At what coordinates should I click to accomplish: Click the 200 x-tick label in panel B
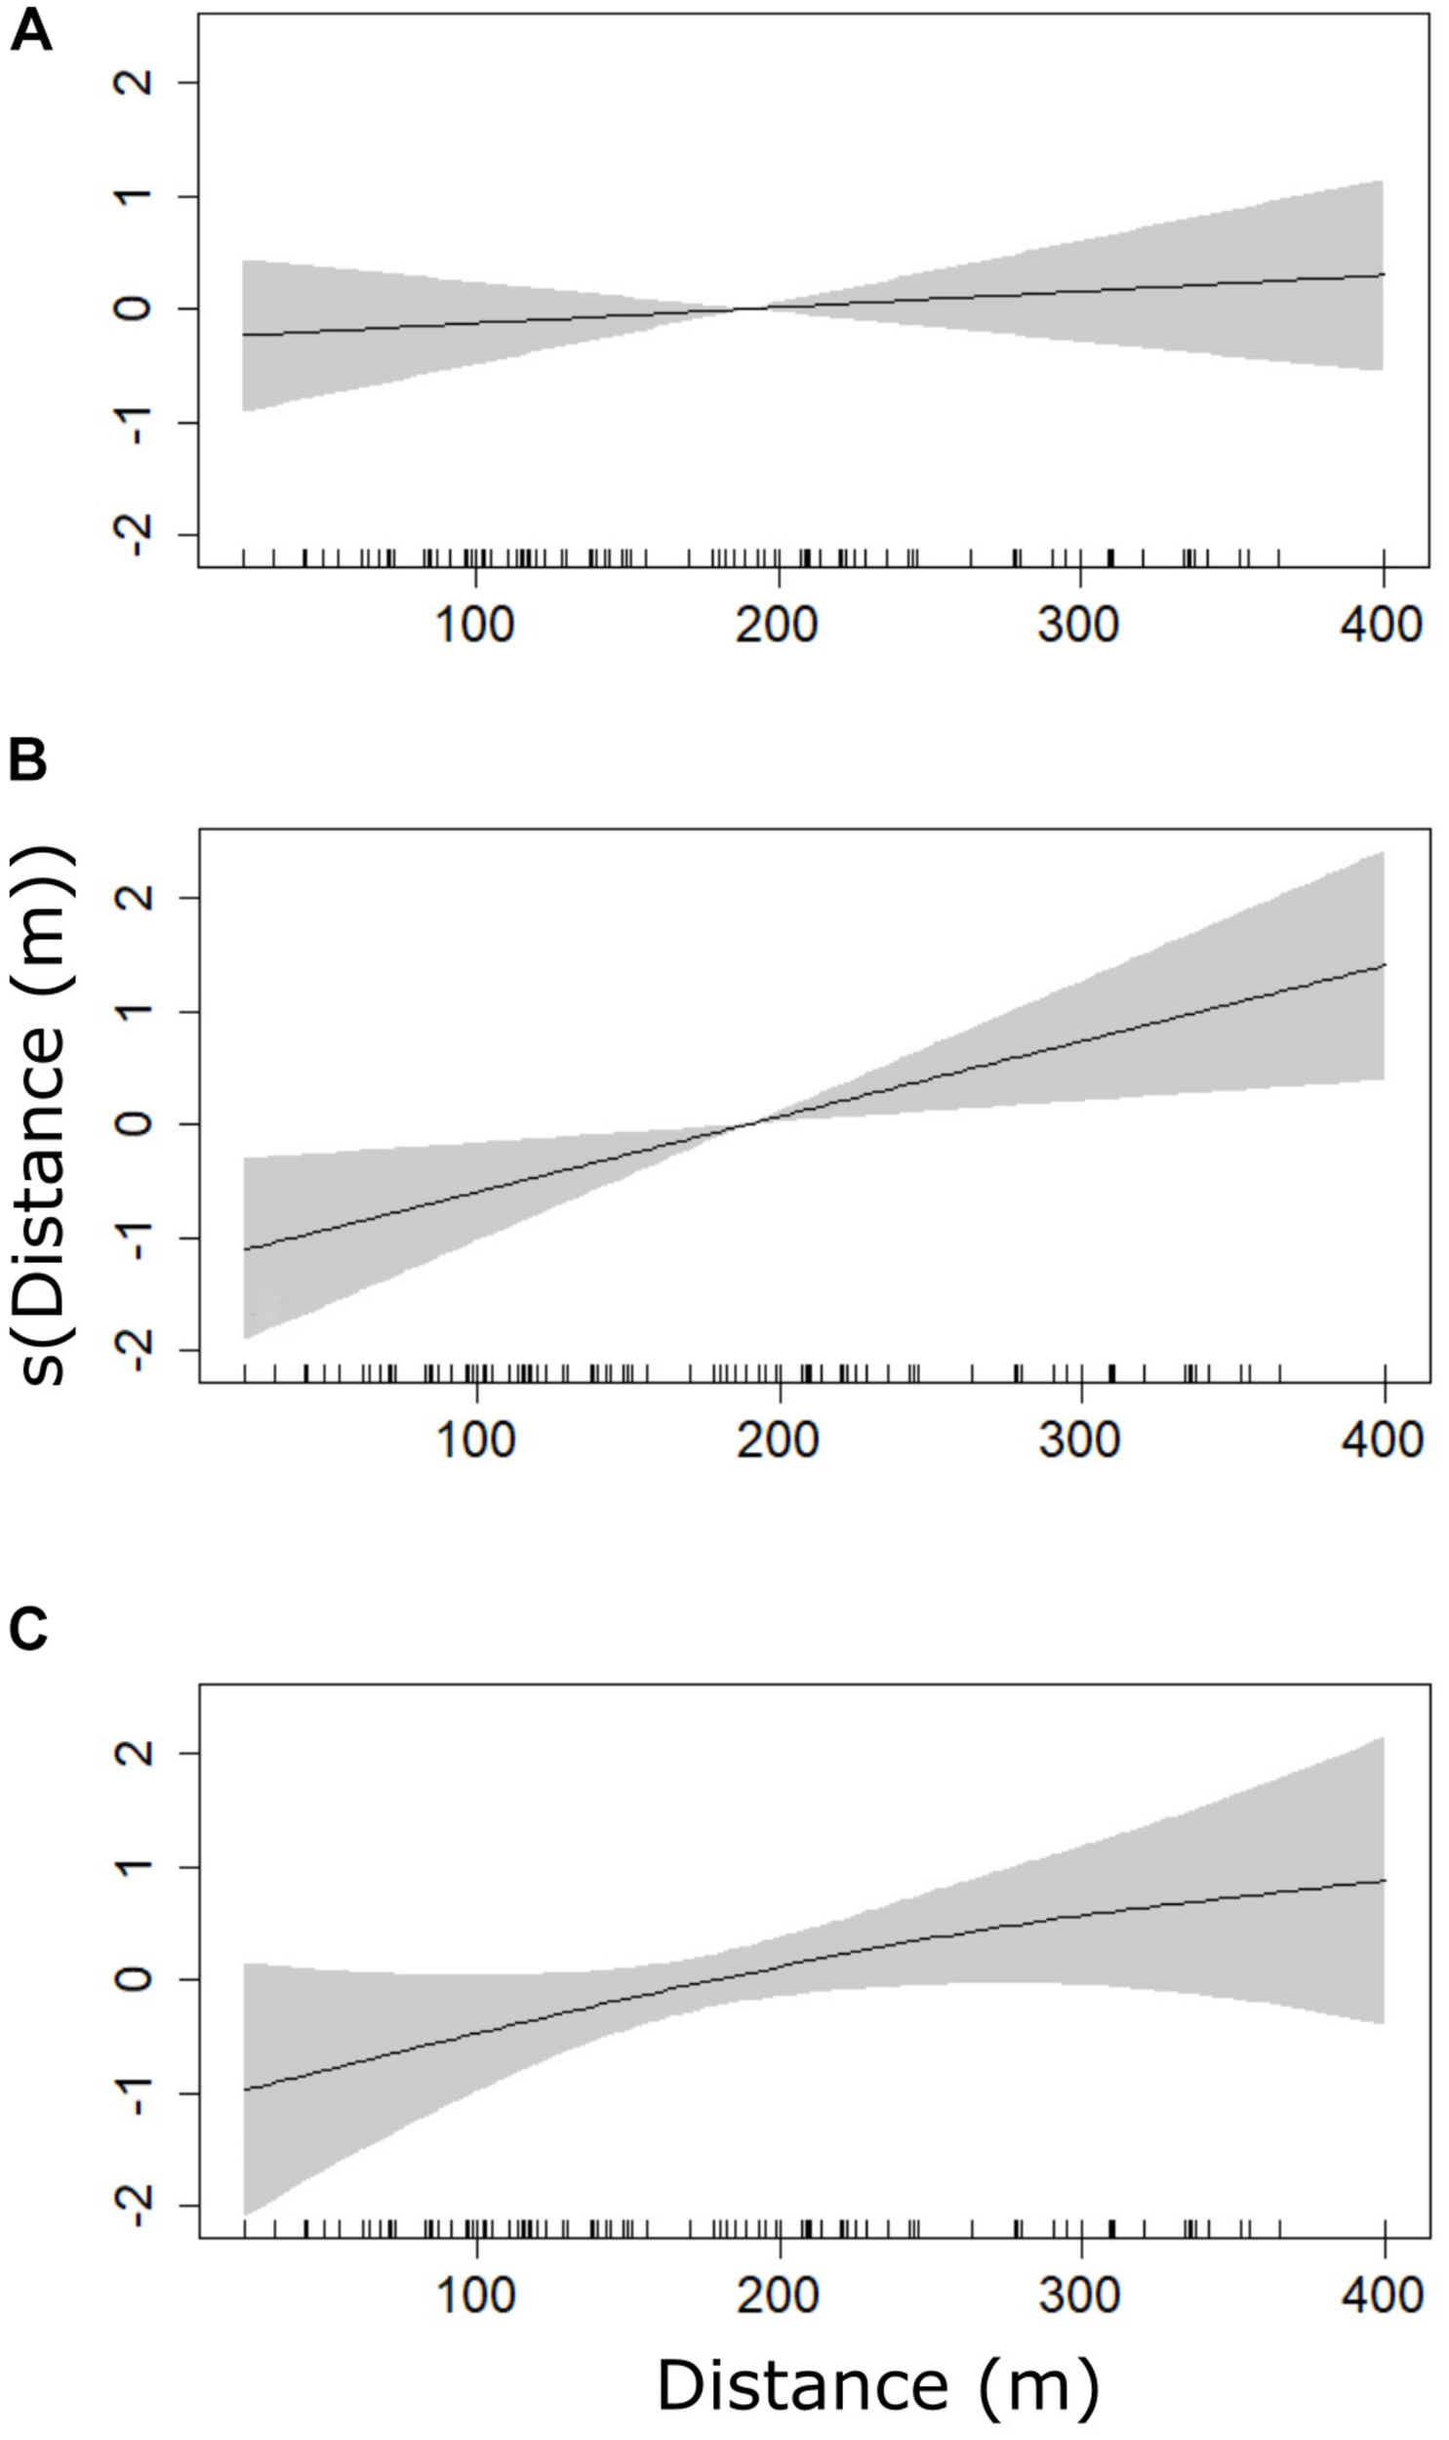click(x=779, y=1442)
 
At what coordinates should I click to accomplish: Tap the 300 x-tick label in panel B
click(x=1080, y=1442)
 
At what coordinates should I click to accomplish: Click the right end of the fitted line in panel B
click(x=1384, y=964)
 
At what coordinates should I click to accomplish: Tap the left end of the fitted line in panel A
click(x=244, y=335)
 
